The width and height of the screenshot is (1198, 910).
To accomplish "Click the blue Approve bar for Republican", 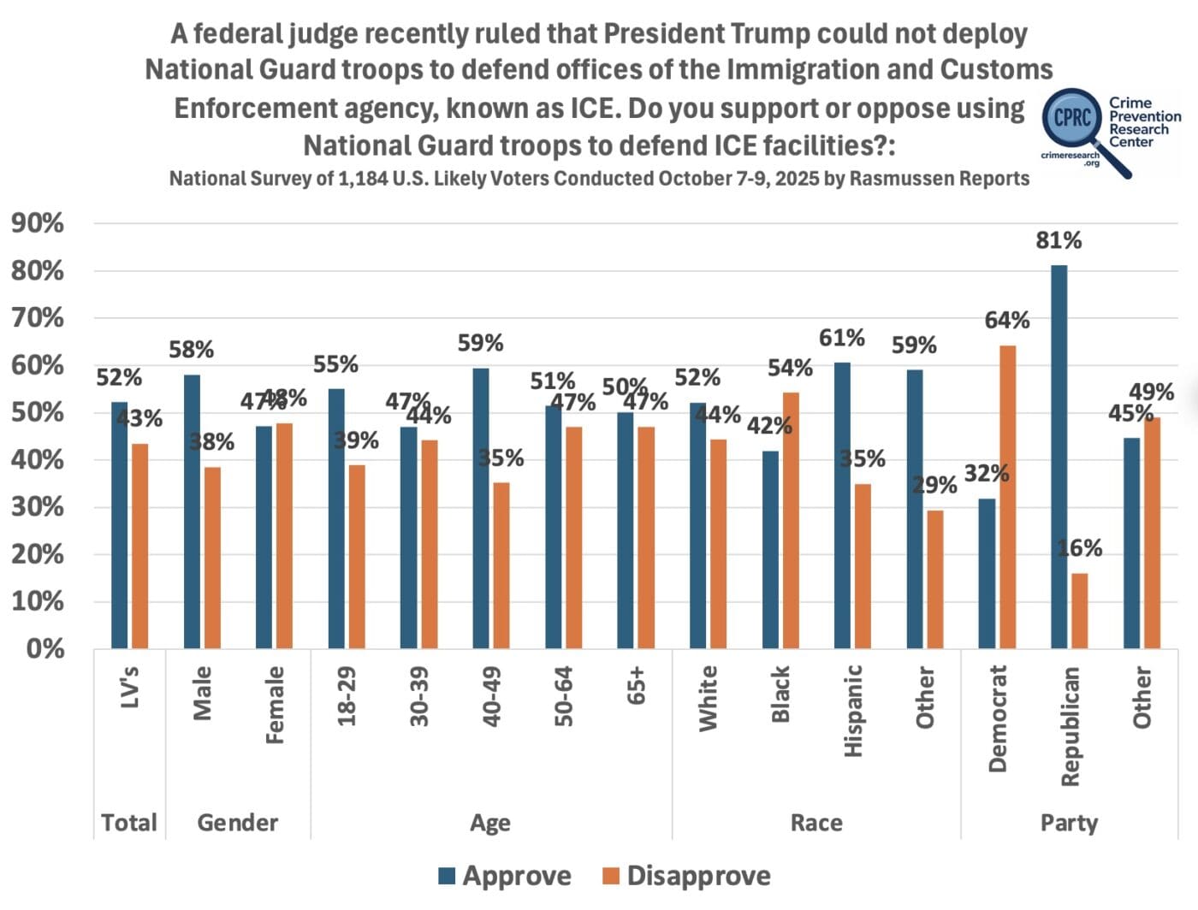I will (1059, 457).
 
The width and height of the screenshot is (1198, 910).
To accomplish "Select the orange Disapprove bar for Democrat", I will (1007, 497).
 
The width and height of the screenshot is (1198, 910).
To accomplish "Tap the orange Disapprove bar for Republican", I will (1079, 611).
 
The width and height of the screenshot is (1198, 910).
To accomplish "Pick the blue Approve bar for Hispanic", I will (842, 505).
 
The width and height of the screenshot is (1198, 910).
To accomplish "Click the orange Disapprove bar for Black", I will (791, 520).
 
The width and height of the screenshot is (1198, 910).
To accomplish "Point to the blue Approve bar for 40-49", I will (481, 508).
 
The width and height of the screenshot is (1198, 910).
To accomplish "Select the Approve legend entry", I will (505, 876).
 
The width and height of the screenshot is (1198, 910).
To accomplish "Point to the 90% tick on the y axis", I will (38, 224).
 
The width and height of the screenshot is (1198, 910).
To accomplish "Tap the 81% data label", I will (1059, 240).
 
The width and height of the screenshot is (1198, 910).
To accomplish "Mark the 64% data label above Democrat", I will (1007, 321).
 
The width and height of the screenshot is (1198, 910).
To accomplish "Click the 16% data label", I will (1080, 548).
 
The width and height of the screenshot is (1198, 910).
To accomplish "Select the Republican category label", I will (1070, 726).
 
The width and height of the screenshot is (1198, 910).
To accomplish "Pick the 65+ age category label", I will (637, 685).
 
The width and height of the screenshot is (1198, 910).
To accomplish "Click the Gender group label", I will (237, 823).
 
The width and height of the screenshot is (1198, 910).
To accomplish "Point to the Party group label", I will (1069, 823).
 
